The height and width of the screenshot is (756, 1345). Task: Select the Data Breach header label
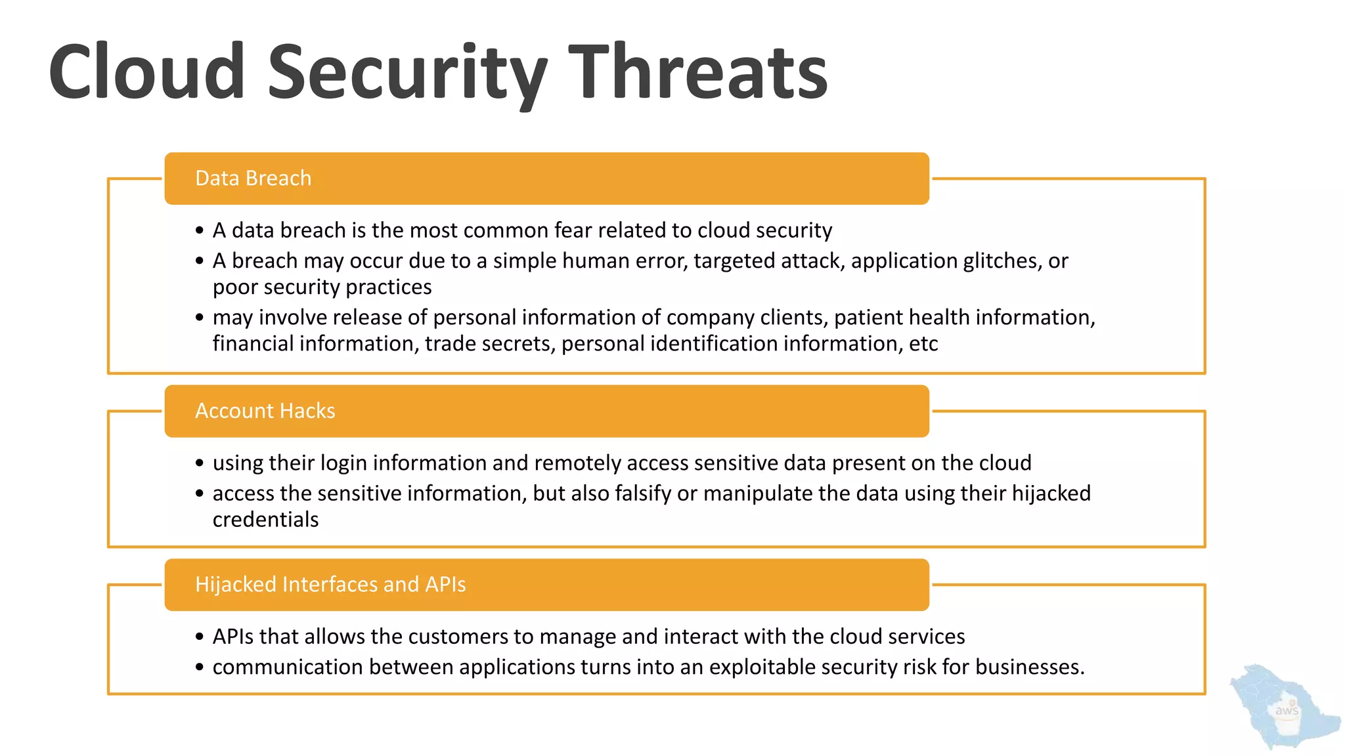[253, 178]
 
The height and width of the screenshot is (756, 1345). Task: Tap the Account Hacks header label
[265, 411]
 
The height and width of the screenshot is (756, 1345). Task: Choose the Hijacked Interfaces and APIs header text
[330, 585]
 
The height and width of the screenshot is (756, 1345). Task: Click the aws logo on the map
[1286, 711]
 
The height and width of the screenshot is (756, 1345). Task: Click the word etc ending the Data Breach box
[923, 344]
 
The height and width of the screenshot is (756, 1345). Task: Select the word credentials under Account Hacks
[265, 520]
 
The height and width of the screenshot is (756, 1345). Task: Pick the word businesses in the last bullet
[1028, 667]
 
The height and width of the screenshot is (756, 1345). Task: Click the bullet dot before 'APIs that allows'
[200, 637]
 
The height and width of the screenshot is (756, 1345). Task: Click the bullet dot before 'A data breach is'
[200, 231]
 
